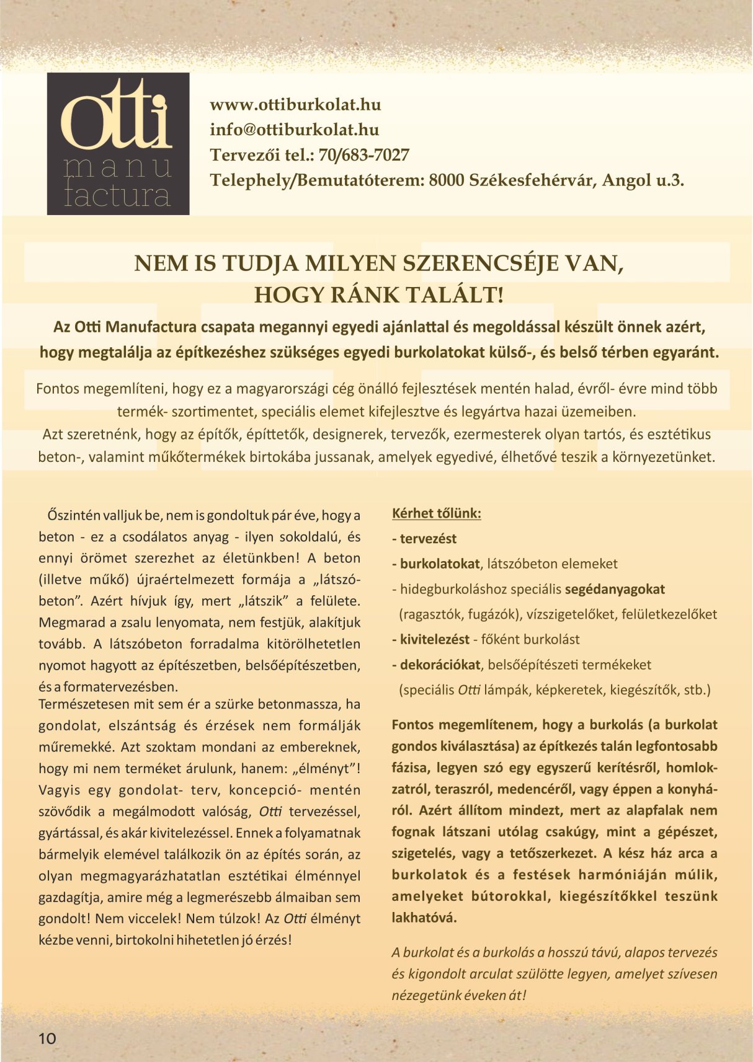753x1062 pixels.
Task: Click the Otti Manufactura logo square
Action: (x=118, y=144)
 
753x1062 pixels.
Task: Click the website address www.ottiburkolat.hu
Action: (x=295, y=104)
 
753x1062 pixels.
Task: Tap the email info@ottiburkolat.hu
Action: (x=294, y=130)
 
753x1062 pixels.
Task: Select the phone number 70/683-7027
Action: (x=363, y=155)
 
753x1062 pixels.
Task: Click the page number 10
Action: (x=47, y=1039)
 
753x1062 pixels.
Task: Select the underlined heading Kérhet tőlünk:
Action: (x=437, y=513)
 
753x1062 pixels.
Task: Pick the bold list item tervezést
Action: (x=428, y=539)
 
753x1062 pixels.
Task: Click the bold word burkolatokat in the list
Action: (x=440, y=564)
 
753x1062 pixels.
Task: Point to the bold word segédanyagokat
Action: (x=615, y=589)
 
